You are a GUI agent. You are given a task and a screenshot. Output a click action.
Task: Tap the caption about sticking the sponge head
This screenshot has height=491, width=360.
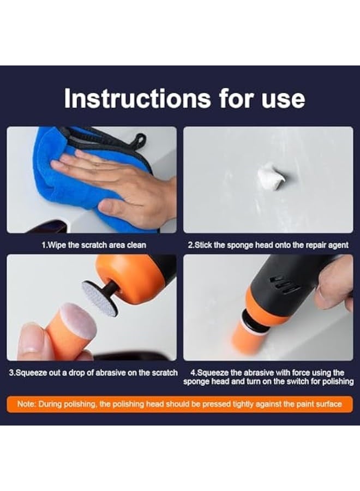click(268, 245)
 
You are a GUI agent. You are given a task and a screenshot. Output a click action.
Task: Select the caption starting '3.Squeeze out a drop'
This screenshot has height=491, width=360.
click(93, 373)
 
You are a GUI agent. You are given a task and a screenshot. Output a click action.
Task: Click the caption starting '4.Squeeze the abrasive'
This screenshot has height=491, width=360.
click(268, 377)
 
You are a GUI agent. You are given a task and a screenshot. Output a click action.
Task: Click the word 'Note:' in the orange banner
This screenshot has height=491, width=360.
click(27, 404)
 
